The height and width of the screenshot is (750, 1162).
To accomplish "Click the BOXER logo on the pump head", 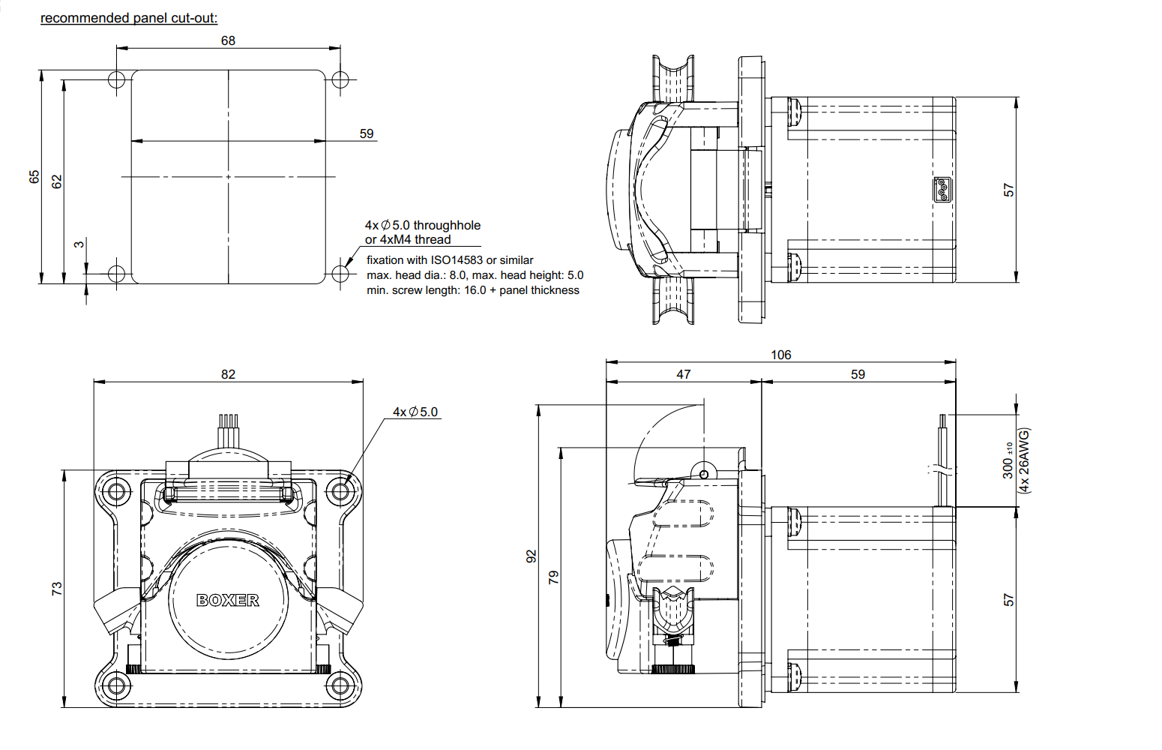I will [228, 600].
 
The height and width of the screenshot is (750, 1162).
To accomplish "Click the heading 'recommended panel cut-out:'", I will [129, 18].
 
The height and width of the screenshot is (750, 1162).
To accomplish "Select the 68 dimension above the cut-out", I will [228, 40].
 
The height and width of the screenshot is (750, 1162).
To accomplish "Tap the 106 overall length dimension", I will [780, 355].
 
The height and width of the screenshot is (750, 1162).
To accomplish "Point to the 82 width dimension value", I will [228, 374].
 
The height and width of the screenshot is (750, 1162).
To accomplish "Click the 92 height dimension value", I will [532, 556].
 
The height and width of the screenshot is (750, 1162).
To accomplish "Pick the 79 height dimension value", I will [553, 577].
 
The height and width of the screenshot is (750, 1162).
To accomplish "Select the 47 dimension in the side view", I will [683, 374].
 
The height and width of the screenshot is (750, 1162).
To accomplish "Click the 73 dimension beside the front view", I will [57, 589].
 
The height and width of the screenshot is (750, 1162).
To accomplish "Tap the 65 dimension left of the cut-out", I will [34, 177].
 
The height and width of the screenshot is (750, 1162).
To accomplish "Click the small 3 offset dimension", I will [79, 244].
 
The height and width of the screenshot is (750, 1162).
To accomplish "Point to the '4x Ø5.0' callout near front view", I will [415, 412].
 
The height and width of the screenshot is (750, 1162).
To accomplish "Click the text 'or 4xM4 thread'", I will [408, 240].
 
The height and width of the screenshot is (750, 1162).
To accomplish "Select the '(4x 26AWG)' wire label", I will [1024, 460].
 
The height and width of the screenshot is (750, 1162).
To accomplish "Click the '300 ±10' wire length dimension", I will [1008, 460].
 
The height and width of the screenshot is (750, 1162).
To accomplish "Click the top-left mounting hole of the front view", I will [115, 492].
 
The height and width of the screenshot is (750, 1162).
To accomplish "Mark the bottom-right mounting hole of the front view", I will [340, 685].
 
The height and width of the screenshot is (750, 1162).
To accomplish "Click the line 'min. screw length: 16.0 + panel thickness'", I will [472, 290].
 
